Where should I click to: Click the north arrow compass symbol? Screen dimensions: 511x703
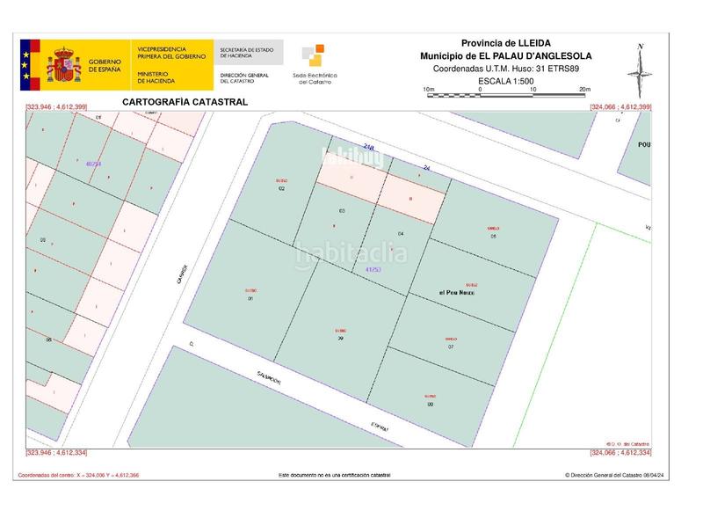coord(641,69)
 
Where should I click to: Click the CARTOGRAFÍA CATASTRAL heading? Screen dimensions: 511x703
coord(185,102)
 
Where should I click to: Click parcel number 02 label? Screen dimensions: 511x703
coord(282,189)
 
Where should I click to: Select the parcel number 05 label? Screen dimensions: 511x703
coord(493,236)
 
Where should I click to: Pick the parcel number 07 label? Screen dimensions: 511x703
coord(451,347)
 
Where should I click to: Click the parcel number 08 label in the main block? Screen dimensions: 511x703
coord(431,404)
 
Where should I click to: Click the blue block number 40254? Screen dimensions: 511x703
coord(94,164)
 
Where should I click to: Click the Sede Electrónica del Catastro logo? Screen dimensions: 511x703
coord(314,64)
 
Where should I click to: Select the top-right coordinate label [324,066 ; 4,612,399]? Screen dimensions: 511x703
coord(620,107)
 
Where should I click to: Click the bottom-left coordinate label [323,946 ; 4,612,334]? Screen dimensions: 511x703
coord(57,453)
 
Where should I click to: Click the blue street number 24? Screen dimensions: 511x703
coord(427,167)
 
